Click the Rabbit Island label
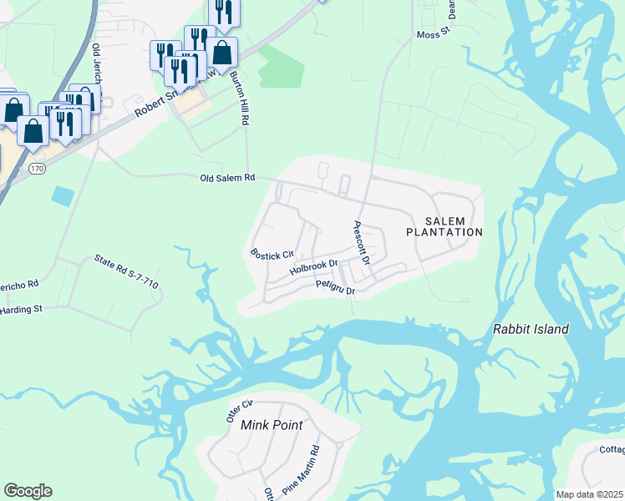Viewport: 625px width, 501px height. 531,329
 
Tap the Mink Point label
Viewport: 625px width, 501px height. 271,425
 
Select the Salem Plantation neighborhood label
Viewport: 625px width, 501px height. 444,225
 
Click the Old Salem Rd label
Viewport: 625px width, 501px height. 226,178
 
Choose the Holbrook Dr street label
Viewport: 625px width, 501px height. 313,268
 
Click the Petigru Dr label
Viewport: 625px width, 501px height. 336,287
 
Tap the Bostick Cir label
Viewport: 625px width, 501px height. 272,253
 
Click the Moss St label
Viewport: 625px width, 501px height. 433,34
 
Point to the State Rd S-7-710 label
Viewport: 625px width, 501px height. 126,272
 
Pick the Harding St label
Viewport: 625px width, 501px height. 21,310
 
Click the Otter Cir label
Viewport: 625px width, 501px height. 239,412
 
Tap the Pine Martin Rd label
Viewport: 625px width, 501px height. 301,473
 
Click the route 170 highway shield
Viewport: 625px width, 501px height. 36,168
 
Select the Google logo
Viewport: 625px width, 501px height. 28,491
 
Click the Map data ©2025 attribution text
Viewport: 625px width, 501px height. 589,494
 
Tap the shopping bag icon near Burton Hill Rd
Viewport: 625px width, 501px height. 222,53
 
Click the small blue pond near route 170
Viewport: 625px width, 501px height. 62,196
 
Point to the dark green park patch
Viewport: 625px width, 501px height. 279,67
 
